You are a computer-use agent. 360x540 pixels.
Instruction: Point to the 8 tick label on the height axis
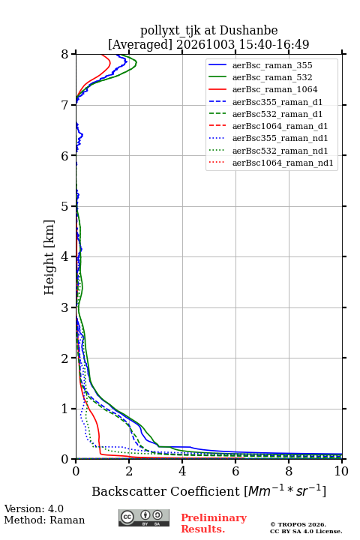pos(65,55)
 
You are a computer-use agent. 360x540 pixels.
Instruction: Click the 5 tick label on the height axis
pos(65,206)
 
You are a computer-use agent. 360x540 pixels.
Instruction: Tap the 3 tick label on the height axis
pos(65,307)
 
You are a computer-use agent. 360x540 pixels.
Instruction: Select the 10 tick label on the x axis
pos(341,471)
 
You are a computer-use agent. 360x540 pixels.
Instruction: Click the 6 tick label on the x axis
pos(235,471)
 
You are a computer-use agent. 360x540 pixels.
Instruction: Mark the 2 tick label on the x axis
pos(129,471)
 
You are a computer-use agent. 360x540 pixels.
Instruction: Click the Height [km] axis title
pos(49,257)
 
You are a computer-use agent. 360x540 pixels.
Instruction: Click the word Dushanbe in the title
pos(248,31)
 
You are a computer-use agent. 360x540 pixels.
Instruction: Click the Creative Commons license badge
pos(144,517)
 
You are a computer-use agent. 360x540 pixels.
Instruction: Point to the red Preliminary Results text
pos(214,523)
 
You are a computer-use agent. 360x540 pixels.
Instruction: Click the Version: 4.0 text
pos(34,508)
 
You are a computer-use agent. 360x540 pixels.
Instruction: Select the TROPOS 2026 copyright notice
pos(298,524)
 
